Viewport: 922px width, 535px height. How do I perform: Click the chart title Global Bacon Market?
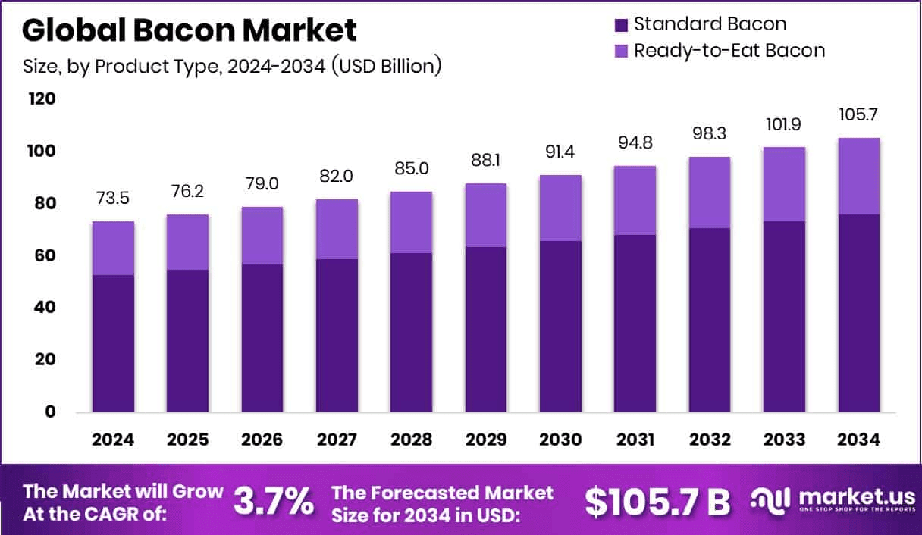point(189,30)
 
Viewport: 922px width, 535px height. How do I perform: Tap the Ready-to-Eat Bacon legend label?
point(729,51)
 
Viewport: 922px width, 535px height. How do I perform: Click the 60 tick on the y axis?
point(45,255)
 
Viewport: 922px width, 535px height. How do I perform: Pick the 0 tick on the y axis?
point(50,411)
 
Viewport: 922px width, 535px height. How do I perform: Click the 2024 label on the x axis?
point(113,440)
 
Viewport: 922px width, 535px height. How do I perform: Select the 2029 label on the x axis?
point(485,440)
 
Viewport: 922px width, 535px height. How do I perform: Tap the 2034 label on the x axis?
point(858,440)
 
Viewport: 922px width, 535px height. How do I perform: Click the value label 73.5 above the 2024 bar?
point(113,199)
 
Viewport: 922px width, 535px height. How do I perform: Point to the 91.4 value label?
point(560,152)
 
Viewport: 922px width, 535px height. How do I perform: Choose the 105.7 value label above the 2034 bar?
point(858,115)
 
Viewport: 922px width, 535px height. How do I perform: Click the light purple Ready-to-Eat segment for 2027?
point(337,229)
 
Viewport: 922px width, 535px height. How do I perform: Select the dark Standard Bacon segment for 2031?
point(635,324)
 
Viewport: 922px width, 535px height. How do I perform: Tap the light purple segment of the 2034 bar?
point(858,176)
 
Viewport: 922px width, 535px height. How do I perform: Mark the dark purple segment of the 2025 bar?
point(187,341)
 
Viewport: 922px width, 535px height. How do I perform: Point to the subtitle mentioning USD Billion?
point(231,66)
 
